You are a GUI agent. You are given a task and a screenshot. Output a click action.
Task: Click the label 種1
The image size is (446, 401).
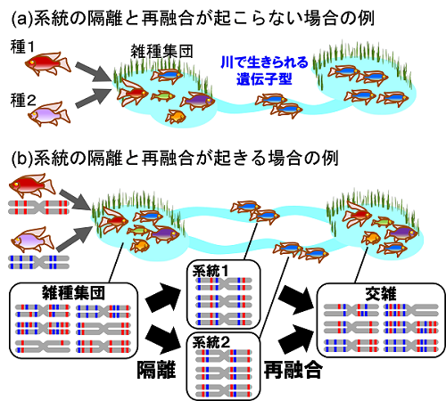point(22,47)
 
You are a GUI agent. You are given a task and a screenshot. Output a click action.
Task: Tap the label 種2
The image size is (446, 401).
point(23,100)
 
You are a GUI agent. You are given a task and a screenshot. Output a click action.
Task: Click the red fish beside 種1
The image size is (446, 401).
point(48,63)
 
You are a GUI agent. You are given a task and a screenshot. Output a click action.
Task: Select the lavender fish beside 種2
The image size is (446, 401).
point(49,114)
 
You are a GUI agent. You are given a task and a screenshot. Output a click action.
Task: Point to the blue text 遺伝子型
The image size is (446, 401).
point(264,79)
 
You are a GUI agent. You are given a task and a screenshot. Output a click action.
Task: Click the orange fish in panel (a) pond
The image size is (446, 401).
point(176,116)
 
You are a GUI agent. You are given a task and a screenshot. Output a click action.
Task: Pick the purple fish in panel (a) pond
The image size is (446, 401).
point(197,100)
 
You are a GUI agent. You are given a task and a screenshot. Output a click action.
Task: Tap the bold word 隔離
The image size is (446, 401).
point(156,370)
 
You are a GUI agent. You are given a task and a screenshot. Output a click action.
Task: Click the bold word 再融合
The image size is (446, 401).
point(293,370)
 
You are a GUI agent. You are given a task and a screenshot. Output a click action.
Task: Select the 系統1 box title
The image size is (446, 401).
point(211,271)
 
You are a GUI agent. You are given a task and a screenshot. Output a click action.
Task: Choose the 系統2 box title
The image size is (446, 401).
point(211,342)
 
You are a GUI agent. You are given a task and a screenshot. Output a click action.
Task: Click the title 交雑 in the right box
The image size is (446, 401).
point(381,293)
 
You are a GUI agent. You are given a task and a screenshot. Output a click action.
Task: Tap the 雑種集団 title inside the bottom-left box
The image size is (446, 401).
point(73,292)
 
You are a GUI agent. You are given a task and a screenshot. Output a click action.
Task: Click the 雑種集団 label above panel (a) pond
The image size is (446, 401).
point(162,52)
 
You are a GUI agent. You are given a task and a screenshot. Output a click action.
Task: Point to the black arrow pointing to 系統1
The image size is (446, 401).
point(163,297)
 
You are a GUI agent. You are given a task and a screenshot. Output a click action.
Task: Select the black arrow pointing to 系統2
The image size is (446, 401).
point(163,339)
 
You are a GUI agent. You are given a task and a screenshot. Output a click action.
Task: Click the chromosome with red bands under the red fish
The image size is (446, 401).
point(38,207)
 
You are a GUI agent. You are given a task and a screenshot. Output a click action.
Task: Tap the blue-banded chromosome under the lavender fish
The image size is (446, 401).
point(38,262)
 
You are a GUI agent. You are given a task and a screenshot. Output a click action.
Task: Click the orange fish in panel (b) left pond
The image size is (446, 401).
point(140,245)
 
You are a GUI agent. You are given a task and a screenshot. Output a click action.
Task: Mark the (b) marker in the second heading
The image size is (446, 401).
point(21,158)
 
